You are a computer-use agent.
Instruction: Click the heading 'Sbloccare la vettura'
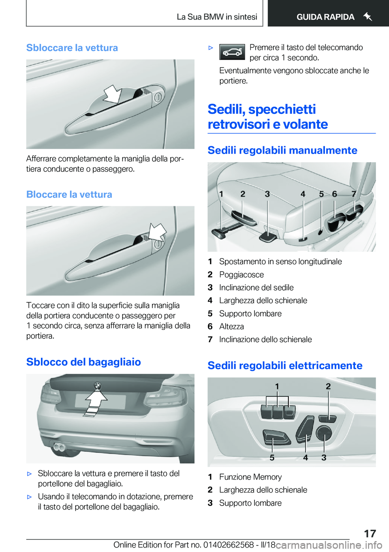point(72,48)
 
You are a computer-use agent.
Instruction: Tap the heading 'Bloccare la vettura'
point(69,195)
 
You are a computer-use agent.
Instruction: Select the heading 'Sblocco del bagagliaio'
point(83,362)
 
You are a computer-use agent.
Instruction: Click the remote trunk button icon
point(232,52)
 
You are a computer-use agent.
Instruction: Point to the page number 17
point(370,533)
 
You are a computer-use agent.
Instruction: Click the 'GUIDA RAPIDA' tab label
point(325,17)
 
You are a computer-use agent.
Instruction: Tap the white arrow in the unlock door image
point(112,94)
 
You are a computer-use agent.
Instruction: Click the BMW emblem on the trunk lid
point(97,385)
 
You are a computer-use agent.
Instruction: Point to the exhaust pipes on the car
point(59,447)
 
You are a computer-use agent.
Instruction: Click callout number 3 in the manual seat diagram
point(267,194)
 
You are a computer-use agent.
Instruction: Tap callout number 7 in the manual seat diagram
point(354,194)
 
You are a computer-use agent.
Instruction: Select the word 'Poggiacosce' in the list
point(242,275)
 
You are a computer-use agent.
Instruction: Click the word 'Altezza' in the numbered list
point(231,327)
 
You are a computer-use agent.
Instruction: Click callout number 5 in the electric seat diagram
point(272,458)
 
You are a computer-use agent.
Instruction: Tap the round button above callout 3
point(324,433)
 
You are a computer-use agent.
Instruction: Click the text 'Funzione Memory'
point(250,477)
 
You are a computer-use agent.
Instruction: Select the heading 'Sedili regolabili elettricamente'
point(285,366)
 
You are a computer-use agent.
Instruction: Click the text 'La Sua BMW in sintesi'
point(217,17)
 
